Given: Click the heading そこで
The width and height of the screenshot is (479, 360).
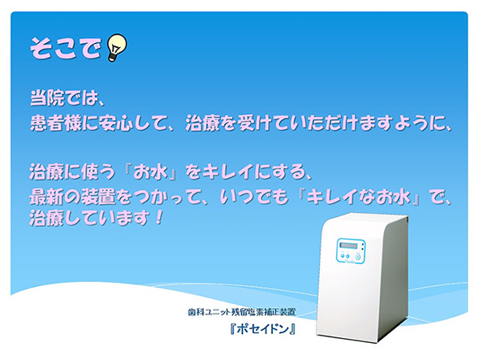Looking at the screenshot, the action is point(66,48).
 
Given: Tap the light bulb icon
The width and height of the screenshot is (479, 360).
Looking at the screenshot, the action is point(116,48).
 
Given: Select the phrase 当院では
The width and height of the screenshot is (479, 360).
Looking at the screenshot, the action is point(63,98).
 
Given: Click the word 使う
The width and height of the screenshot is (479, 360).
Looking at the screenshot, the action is point(97,171).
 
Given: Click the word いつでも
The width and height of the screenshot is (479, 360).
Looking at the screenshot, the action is point(254,197).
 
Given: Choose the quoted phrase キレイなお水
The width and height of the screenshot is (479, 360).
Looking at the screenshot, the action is point(358,197).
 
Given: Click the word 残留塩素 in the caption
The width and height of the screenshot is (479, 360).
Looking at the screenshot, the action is point(247,312).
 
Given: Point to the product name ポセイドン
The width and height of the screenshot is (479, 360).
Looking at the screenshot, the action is point(263,329).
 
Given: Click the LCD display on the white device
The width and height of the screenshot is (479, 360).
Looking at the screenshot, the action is point(348,245).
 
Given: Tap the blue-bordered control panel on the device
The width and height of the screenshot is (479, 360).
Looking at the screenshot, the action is point(351,250).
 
